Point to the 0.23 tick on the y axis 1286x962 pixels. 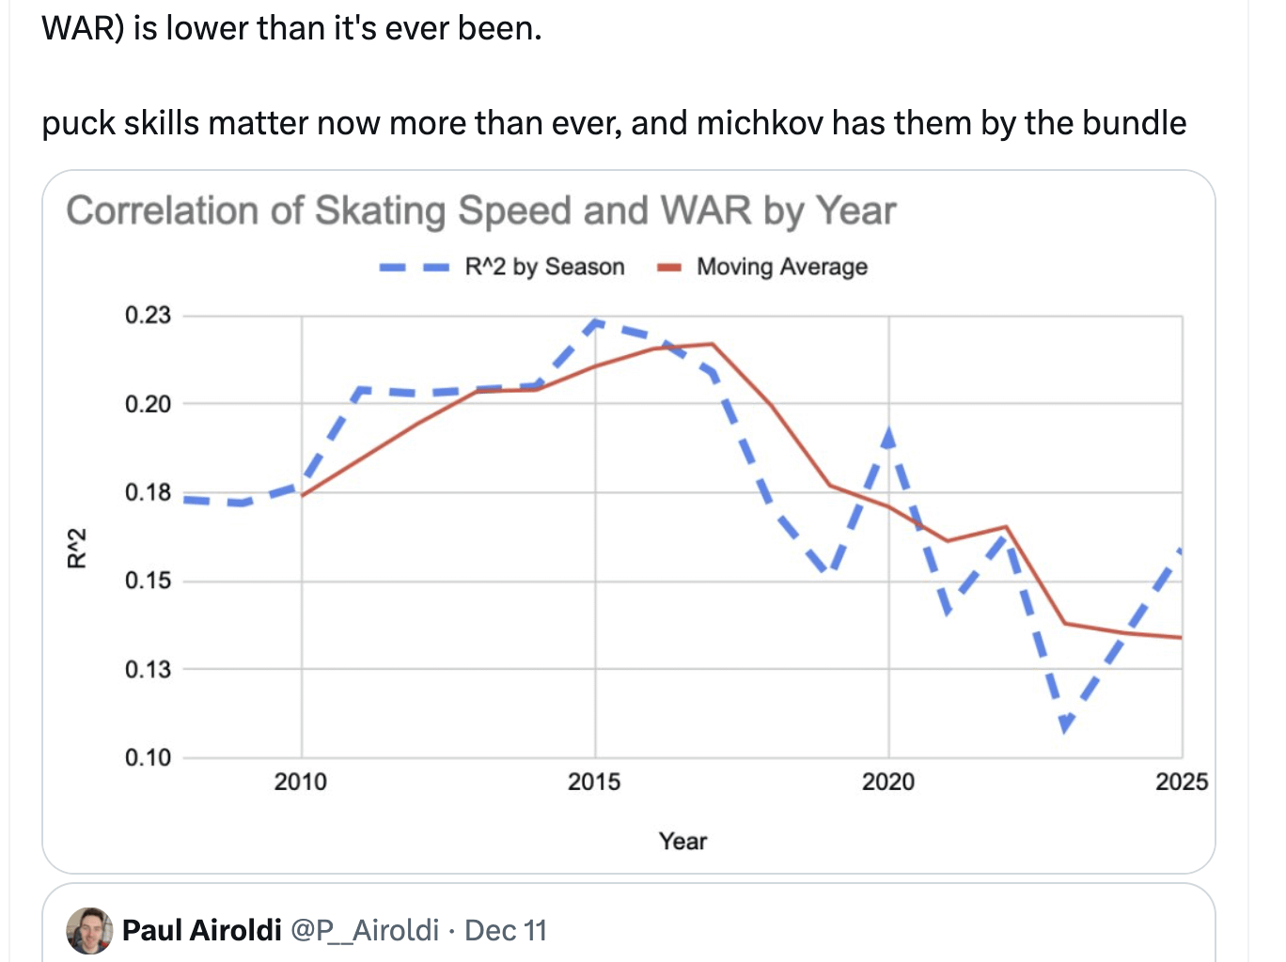click(148, 315)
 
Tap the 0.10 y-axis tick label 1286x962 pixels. click(148, 757)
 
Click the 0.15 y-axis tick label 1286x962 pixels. click(148, 581)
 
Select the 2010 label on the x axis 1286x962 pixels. click(301, 782)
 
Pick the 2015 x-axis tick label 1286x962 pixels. click(594, 782)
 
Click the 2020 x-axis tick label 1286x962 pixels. click(888, 782)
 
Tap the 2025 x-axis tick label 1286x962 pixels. click(1181, 782)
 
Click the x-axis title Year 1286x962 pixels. click(682, 841)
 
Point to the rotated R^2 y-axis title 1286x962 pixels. click(77, 548)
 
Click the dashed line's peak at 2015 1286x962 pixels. click(595, 322)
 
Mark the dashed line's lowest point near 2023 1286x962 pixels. click(1065, 725)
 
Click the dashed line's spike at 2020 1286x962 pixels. click(888, 434)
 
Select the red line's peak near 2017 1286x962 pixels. click(713, 344)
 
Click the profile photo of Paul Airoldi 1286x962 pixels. click(89, 930)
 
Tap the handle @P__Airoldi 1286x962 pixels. click(365, 930)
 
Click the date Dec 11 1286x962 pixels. click(506, 930)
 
